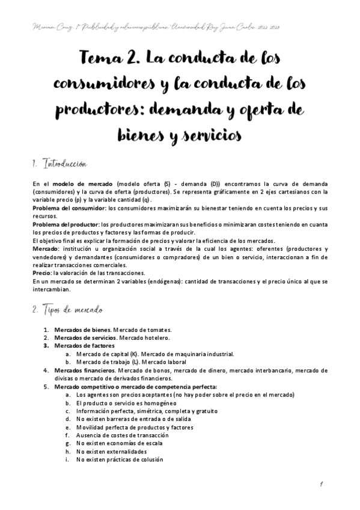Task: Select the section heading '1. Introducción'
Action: point(59,163)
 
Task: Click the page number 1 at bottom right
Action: point(322,485)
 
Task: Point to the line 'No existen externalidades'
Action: point(111,451)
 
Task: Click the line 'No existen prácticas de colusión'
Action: point(120,459)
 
